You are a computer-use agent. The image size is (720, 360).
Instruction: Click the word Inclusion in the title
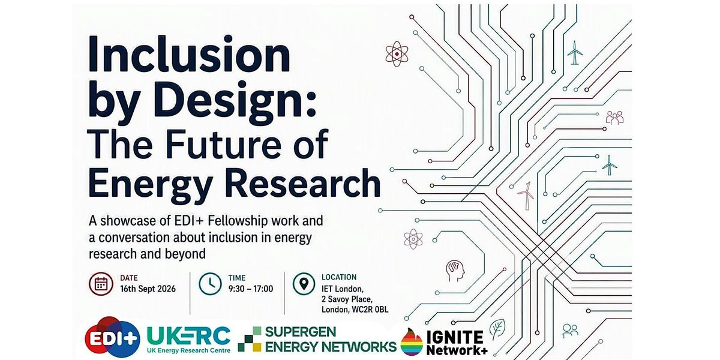coord(190,54)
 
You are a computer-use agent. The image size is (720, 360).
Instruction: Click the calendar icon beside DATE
coord(101,284)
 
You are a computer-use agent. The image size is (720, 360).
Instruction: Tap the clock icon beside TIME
coord(210,284)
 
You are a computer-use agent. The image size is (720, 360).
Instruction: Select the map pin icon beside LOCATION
coord(304,284)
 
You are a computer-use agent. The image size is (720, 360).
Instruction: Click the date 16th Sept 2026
coord(148,289)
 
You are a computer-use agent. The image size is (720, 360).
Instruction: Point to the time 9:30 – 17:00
coord(251,289)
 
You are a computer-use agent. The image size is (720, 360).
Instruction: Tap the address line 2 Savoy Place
coord(347,299)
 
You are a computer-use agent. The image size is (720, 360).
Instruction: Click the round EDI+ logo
coord(113,337)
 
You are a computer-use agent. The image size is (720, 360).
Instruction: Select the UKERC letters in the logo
coord(188,336)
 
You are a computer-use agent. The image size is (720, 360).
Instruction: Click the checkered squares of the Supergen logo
coord(250,339)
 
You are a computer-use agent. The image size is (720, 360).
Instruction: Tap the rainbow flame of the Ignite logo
coord(412,342)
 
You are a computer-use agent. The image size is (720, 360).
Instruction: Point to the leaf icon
coord(497,329)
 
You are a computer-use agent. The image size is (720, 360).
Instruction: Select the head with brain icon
coord(455,271)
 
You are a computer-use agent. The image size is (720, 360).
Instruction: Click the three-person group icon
coord(614,118)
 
